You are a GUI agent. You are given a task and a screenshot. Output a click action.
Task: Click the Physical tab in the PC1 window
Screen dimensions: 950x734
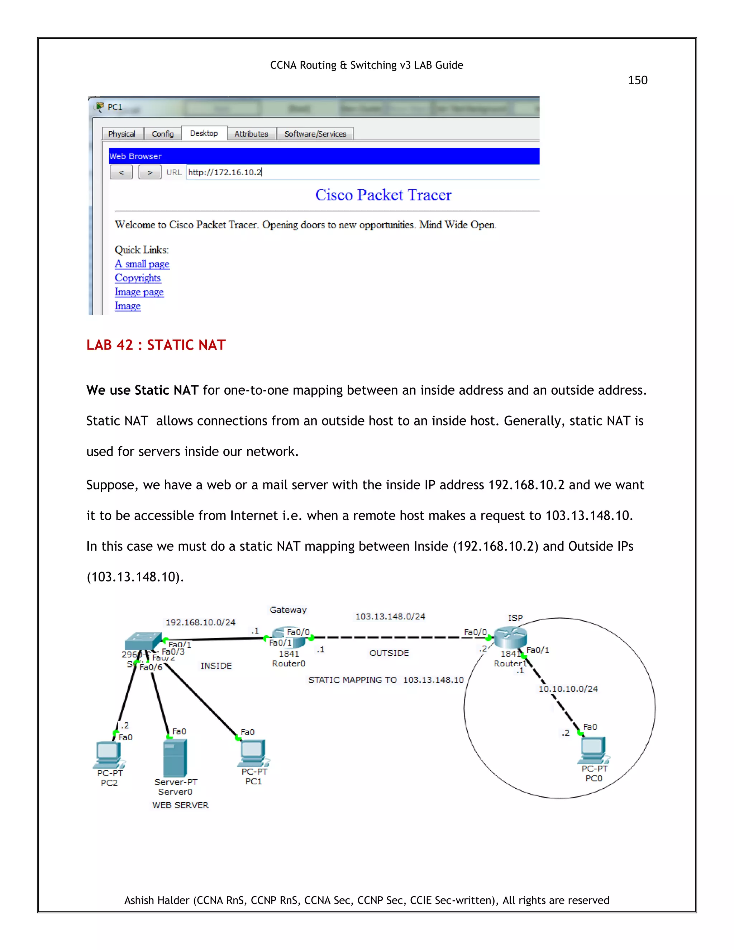click(122, 134)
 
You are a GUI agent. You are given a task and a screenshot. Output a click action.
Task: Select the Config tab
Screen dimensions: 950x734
click(163, 134)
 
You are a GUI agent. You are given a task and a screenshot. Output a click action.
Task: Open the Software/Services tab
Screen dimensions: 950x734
click(315, 134)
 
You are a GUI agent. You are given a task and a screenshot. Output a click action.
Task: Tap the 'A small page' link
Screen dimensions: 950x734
click(142, 264)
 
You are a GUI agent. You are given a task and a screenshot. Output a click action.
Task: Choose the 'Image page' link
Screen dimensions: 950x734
click(139, 292)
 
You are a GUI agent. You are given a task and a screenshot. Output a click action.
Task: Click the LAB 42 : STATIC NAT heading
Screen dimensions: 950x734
click(156, 345)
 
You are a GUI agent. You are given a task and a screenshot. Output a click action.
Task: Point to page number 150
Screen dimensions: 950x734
click(638, 80)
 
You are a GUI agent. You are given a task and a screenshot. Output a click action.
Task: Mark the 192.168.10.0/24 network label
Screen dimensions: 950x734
click(200, 622)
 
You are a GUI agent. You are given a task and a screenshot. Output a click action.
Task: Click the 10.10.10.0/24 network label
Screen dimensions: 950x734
click(568, 689)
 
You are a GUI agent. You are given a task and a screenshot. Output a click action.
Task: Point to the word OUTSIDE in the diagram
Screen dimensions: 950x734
click(389, 653)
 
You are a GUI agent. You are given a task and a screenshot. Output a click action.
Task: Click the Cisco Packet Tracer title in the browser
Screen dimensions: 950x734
click(383, 195)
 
